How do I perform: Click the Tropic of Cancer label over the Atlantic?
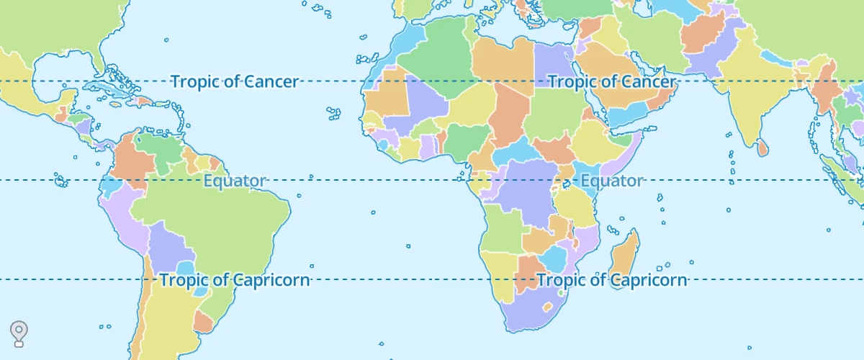point(234,81)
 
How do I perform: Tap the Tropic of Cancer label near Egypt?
point(612,81)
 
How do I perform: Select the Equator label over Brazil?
point(235,181)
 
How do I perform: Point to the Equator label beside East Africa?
point(611,181)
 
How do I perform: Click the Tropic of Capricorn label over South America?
point(235,280)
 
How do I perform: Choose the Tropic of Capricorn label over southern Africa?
point(612,280)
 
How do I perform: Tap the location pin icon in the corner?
point(19,333)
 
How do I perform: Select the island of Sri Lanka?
point(762,148)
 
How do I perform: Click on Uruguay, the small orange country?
point(203,321)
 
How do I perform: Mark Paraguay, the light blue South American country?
point(185,270)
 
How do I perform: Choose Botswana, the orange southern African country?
point(531,271)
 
